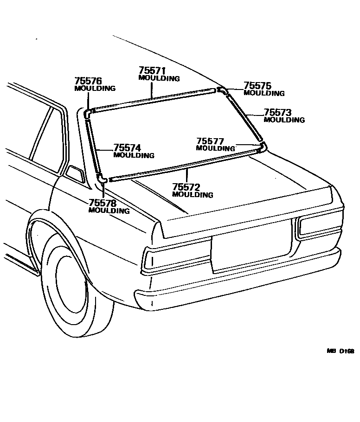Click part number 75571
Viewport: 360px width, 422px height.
(x=152, y=71)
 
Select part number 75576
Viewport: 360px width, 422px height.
(x=88, y=81)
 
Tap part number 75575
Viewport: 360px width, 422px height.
(x=257, y=85)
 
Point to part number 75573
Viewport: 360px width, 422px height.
(x=277, y=112)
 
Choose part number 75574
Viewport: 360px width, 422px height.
(x=127, y=148)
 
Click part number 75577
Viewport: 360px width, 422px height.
(x=210, y=141)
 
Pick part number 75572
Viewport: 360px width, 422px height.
(x=186, y=187)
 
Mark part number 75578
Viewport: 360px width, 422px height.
(x=102, y=203)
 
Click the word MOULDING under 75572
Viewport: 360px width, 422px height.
(x=193, y=195)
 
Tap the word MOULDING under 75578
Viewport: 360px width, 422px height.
(x=109, y=211)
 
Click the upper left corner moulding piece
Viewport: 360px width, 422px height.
(x=88, y=112)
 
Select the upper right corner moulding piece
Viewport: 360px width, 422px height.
(x=222, y=90)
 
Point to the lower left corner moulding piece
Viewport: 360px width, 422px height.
(x=103, y=179)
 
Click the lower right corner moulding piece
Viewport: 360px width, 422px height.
(x=263, y=147)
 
